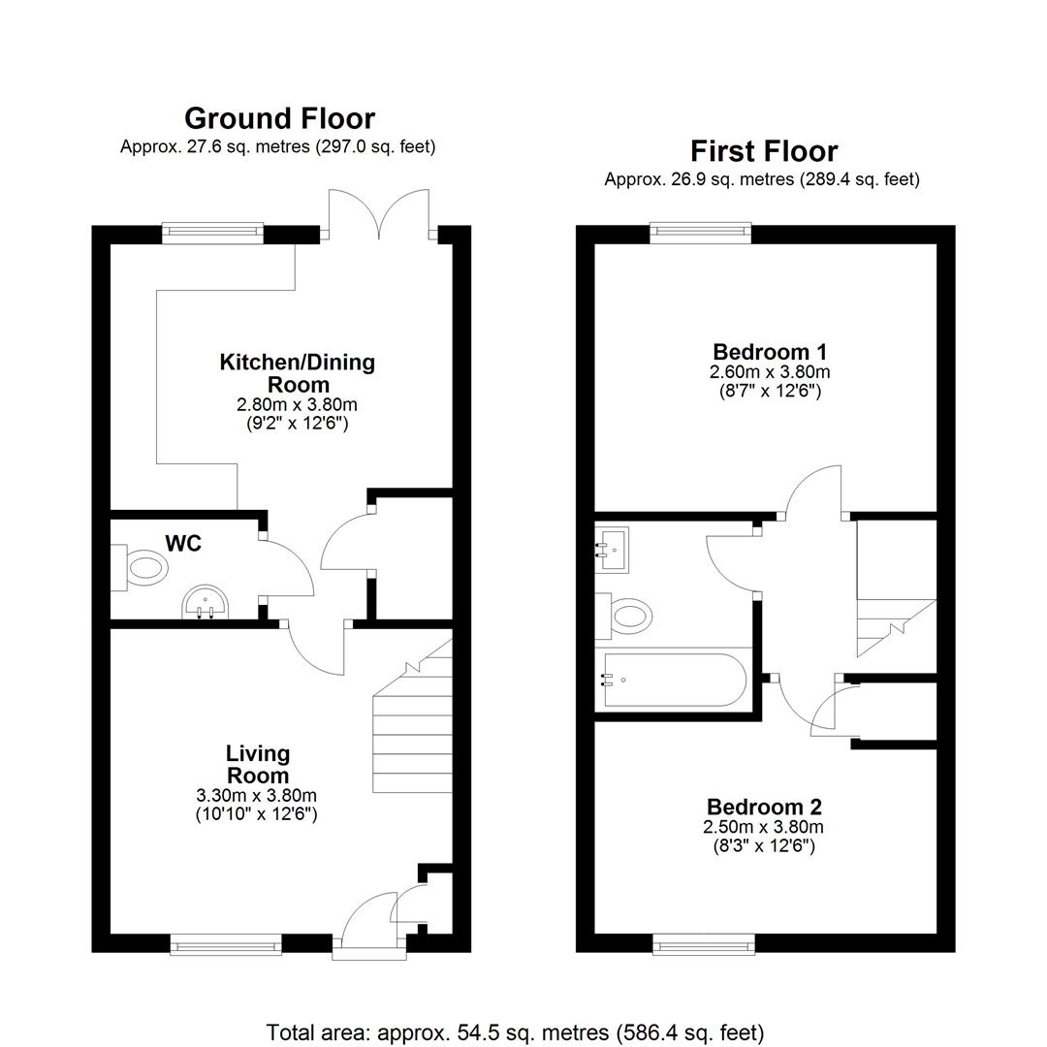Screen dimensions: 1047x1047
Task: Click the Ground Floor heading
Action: click(x=280, y=119)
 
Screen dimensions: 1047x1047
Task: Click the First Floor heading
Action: click(x=764, y=151)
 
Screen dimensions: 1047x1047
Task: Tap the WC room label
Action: click(x=183, y=544)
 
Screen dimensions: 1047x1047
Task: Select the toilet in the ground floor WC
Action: click(x=140, y=568)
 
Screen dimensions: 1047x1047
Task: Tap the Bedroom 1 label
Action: click(x=770, y=352)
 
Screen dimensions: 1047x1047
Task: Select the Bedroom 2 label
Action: click(x=764, y=807)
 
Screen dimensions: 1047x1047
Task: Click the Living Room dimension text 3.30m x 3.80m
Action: click(x=256, y=795)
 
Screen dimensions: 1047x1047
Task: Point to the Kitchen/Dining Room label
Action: click(x=298, y=373)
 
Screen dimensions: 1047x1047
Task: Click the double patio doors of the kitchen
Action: click(x=379, y=215)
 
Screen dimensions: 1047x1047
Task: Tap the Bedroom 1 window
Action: click(x=701, y=232)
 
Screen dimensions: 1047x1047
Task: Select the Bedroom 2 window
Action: click(x=704, y=944)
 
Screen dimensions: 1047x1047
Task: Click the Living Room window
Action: click(x=226, y=944)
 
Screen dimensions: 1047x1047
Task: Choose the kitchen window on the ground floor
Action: click(x=212, y=231)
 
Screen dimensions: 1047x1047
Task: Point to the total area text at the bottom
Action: click(x=515, y=1032)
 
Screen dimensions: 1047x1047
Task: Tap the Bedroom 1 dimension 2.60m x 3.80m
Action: click(x=770, y=372)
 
